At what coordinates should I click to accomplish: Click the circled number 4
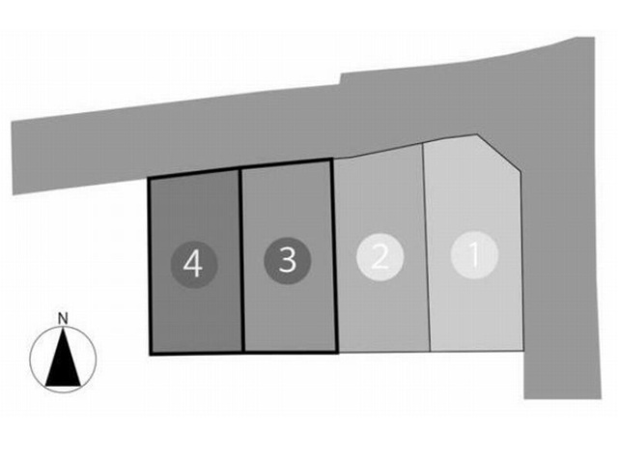coord(194,264)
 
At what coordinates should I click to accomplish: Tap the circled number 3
coord(288,260)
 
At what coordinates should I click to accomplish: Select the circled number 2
coord(379,257)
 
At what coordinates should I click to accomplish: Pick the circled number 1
coord(474,255)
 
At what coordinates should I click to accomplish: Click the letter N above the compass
coord(63,318)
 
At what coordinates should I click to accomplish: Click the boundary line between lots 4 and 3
coord(242,260)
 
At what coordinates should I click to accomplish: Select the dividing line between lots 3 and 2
coord(334,255)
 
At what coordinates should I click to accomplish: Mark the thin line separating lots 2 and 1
coord(426,247)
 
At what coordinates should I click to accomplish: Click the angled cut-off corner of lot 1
coord(500,154)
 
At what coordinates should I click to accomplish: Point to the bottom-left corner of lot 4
coord(151,354)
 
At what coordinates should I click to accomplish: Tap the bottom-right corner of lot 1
coord(522,350)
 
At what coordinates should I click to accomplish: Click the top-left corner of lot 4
coord(150,179)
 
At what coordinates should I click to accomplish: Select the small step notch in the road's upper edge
coord(341,78)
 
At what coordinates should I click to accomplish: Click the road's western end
coord(13,158)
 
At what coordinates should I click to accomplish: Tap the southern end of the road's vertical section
coord(562,398)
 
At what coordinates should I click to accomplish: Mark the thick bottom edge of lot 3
coord(291,352)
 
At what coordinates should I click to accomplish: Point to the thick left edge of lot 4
coord(150,267)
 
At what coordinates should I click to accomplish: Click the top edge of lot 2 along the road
coord(378,151)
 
